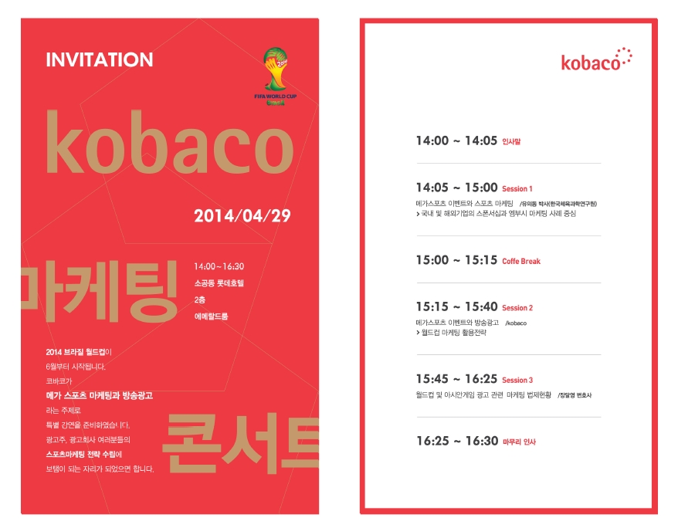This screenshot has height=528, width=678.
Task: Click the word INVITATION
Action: tap(100, 59)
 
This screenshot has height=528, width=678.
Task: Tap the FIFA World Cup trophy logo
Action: tap(276, 76)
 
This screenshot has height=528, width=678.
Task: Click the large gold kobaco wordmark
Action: tap(170, 143)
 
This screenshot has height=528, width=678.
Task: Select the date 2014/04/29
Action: tap(242, 215)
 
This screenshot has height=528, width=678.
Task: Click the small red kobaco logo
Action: tap(596, 60)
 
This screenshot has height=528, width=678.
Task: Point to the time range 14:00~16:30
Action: tap(219, 266)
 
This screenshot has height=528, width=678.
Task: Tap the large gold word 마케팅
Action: tap(100, 291)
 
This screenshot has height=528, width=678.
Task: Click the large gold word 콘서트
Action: tap(241, 443)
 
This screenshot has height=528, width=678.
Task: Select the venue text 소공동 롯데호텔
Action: tap(219, 283)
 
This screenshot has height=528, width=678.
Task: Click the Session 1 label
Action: tap(517, 189)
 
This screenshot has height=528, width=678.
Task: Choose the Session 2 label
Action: tap(517, 308)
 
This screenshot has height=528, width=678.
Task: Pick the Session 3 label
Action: tap(517, 381)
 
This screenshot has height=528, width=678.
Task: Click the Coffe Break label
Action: tap(521, 262)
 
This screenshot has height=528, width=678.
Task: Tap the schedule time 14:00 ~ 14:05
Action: tap(456, 140)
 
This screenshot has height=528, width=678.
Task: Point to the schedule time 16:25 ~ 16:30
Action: tap(457, 441)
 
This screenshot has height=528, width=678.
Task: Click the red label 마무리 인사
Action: tap(519, 442)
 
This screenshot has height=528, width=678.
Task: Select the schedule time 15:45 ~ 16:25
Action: tap(456, 379)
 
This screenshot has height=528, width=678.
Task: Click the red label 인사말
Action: tap(511, 141)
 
